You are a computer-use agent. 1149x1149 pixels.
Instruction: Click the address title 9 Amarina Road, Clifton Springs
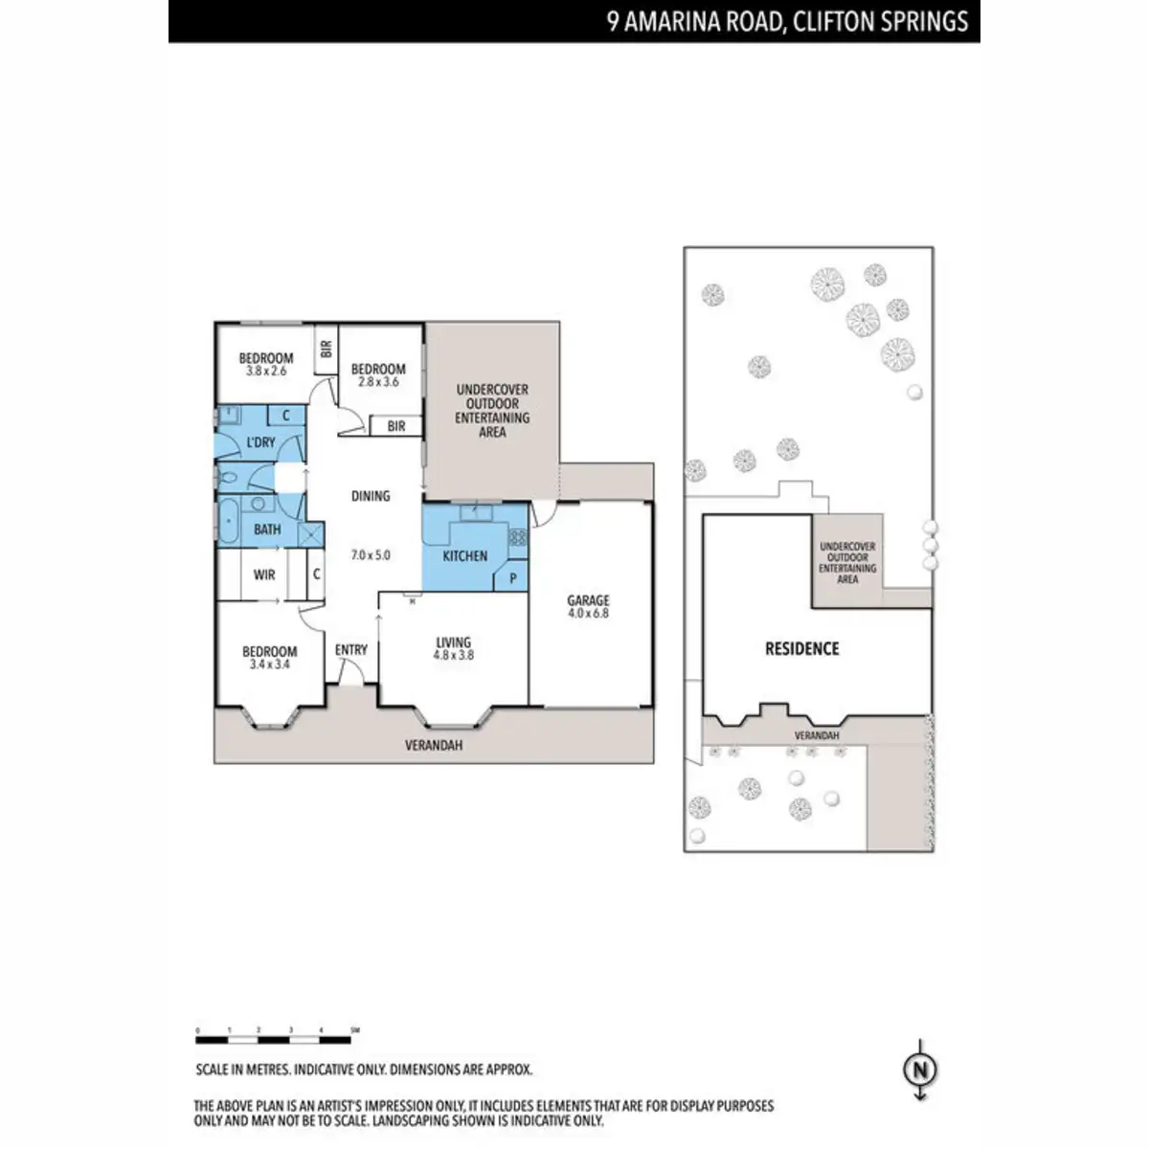click(x=787, y=21)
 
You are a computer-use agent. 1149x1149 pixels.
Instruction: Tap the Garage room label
click(x=588, y=600)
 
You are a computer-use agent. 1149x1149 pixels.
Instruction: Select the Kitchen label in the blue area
click(x=464, y=555)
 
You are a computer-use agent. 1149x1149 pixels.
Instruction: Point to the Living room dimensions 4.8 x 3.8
click(x=454, y=656)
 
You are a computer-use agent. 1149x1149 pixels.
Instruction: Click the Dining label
click(x=371, y=496)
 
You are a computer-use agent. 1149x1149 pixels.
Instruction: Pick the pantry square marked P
click(x=512, y=578)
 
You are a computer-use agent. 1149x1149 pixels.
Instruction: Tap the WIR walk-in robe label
click(x=264, y=574)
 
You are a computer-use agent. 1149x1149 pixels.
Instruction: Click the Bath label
click(x=267, y=529)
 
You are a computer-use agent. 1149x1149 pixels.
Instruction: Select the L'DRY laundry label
click(x=260, y=442)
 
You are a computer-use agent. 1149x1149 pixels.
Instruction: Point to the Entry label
click(x=351, y=649)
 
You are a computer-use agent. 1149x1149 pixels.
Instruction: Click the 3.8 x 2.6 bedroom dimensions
click(x=266, y=371)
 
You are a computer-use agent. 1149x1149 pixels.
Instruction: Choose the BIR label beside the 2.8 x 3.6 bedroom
click(x=396, y=427)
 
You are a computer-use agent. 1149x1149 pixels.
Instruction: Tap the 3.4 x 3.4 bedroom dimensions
click(x=270, y=664)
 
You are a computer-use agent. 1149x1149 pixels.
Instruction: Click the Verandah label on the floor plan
click(x=434, y=745)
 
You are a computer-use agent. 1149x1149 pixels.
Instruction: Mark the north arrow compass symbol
click(x=920, y=1070)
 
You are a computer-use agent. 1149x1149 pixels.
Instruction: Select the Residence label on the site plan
click(x=801, y=648)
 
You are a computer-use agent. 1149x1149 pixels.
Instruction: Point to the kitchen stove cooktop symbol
click(x=517, y=538)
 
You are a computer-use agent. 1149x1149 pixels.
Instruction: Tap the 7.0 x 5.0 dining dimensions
click(x=371, y=554)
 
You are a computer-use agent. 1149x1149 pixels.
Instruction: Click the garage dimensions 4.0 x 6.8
click(x=588, y=613)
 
